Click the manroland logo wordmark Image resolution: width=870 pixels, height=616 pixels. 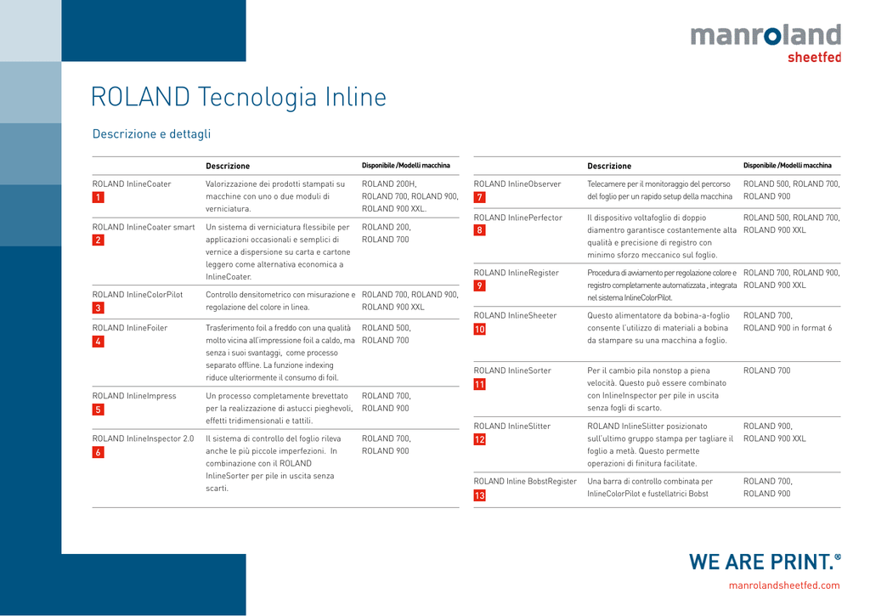765,35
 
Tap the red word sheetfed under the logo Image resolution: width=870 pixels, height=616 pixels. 814,57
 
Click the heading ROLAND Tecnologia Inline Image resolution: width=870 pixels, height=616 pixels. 239,97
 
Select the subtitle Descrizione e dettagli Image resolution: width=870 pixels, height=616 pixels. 151,133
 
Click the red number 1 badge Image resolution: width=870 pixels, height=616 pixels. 99,197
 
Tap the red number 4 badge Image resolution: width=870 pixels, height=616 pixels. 99,342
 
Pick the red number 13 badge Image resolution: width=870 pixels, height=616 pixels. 480,495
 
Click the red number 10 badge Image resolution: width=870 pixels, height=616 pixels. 480,329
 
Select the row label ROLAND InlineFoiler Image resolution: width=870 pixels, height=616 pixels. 130,328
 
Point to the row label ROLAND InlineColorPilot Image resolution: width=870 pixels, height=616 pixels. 138,295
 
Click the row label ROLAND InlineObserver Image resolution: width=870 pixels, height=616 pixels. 517,184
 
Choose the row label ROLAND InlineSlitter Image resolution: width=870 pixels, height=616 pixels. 512,427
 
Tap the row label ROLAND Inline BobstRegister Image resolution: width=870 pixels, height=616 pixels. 525,481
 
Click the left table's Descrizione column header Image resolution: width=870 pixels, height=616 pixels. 228,166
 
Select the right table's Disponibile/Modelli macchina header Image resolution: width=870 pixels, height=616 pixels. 788,166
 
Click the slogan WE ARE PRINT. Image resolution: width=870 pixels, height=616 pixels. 765,562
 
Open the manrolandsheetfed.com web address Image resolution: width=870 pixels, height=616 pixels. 784,585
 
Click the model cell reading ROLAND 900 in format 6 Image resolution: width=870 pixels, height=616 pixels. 788,328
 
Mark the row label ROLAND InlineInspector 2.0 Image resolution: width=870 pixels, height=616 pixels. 143,438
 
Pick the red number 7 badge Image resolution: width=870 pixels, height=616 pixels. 480,197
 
